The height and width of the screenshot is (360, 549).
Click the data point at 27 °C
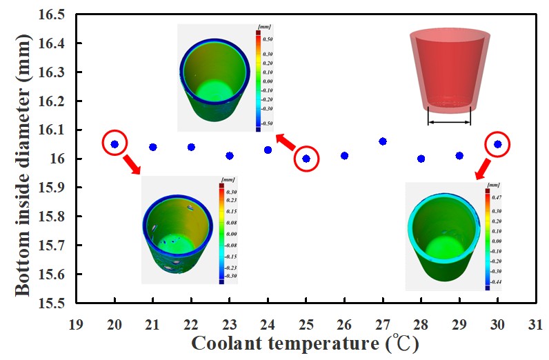click(x=383, y=141)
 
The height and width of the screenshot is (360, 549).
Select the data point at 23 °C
click(x=230, y=156)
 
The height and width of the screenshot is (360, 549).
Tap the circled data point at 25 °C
click(x=306, y=159)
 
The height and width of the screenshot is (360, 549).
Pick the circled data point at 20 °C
click(x=114, y=144)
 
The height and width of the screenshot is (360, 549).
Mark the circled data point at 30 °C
click(x=497, y=144)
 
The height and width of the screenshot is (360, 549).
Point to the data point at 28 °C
click(x=421, y=159)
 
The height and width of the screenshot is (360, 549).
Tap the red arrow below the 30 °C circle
click(x=483, y=169)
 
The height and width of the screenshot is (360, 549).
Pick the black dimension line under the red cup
click(x=449, y=123)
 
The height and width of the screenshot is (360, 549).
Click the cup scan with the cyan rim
click(x=441, y=234)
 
